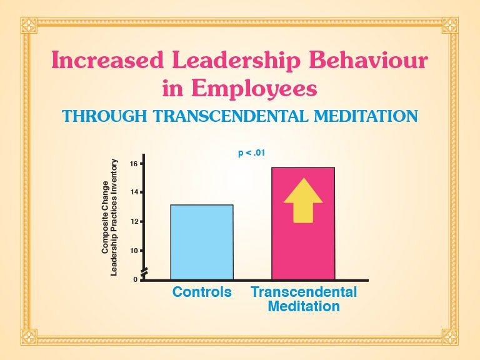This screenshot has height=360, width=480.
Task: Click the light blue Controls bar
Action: [202, 242]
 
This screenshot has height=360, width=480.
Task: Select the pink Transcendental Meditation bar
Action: [303, 224]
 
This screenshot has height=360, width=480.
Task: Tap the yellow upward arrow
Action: [303, 200]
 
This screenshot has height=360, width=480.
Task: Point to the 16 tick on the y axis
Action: [141, 164]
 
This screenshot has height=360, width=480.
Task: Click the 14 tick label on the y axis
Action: [134, 192]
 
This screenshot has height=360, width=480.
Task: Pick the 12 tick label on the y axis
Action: [134, 221]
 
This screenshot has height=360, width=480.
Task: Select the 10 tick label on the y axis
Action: [134, 251]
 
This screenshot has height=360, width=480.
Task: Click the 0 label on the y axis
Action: [135, 279]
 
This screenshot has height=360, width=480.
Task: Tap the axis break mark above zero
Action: [144, 271]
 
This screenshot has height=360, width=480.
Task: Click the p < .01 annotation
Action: [251, 152]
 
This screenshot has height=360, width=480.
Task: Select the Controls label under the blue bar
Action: [202, 292]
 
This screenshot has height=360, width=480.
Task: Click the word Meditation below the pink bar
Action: [304, 306]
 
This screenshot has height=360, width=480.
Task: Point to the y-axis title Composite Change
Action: [105, 217]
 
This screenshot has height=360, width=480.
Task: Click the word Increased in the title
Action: [107, 60]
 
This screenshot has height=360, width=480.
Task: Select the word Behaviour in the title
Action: [368, 60]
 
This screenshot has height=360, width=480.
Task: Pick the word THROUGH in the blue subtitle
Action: [105, 116]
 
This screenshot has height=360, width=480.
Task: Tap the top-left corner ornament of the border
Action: [29, 26]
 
